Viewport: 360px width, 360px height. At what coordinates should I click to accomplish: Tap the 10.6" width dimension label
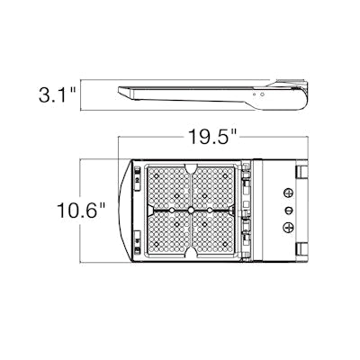point(78,211)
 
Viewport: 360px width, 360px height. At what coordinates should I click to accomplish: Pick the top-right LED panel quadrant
point(217,188)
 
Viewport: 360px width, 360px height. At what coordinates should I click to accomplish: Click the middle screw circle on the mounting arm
point(289,210)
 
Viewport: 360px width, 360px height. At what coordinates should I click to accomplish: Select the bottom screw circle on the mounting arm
point(289,228)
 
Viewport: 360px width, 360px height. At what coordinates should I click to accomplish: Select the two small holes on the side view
point(258,91)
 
